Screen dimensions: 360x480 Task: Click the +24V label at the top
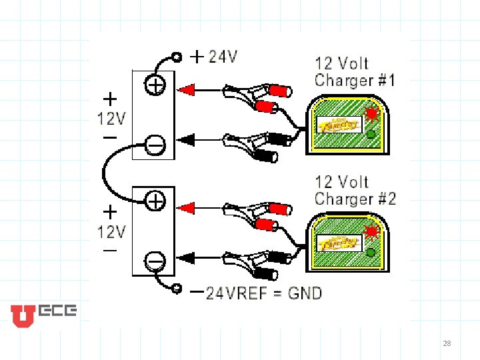coord(215,57)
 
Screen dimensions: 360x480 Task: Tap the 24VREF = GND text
coord(263,293)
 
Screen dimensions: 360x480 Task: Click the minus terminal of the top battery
coord(155,143)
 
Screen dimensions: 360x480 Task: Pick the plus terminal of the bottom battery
coord(155,199)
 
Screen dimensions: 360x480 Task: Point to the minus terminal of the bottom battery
coord(155,258)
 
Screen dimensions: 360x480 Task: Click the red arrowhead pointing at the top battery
coord(186,89)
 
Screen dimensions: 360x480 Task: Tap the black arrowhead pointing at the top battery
coord(186,139)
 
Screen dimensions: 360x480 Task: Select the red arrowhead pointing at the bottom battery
coord(186,208)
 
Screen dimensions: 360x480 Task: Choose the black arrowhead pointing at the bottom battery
coord(186,257)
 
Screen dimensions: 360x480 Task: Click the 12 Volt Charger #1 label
coord(355,72)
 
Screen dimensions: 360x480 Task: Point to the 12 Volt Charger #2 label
coord(355,190)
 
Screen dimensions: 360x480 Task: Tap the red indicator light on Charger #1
coord(370,111)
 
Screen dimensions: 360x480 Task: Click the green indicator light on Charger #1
coord(371,134)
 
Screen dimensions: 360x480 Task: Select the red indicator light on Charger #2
coord(370,231)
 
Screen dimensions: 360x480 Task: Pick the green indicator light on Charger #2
coord(371,251)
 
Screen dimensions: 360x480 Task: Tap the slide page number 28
coord(447,343)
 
